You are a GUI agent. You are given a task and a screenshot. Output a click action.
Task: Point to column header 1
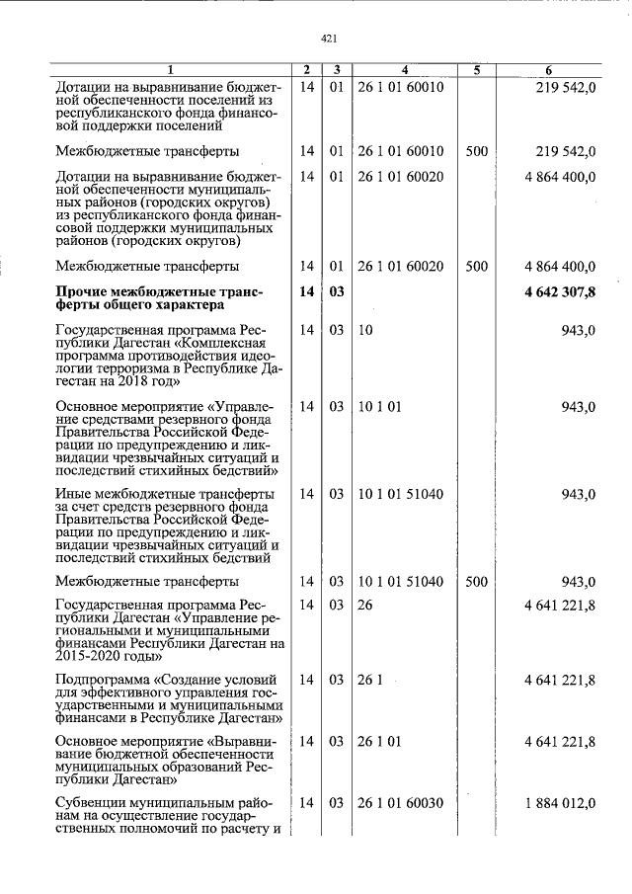[169, 70]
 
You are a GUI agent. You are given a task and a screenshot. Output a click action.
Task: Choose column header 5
[476, 70]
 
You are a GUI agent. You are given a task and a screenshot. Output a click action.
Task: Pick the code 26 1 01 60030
[401, 802]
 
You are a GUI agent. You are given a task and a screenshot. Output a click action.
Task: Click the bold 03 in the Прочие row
[336, 291]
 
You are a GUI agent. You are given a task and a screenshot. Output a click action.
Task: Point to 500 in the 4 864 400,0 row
[476, 266]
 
